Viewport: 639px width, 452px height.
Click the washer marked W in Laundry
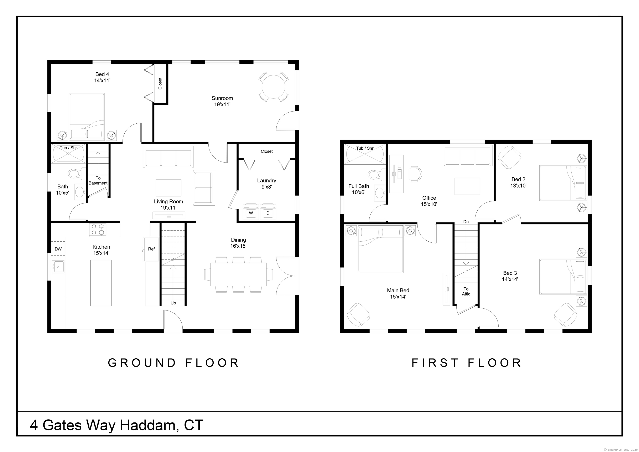[x=251, y=212]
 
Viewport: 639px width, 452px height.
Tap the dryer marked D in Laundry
[x=268, y=212]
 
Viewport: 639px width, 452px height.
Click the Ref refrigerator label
[x=151, y=249]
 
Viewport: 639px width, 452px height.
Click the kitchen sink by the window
[x=58, y=267]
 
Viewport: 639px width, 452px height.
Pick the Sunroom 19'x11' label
[x=222, y=101]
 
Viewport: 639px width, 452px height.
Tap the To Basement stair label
[x=98, y=180]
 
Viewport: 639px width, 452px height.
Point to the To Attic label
[x=466, y=291]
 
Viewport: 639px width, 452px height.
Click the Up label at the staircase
[x=173, y=303]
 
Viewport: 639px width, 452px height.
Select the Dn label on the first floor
[x=466, y=222]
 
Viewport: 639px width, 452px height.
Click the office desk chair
[x=415, y=174]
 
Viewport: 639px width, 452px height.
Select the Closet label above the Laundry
[x=267, y=151]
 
